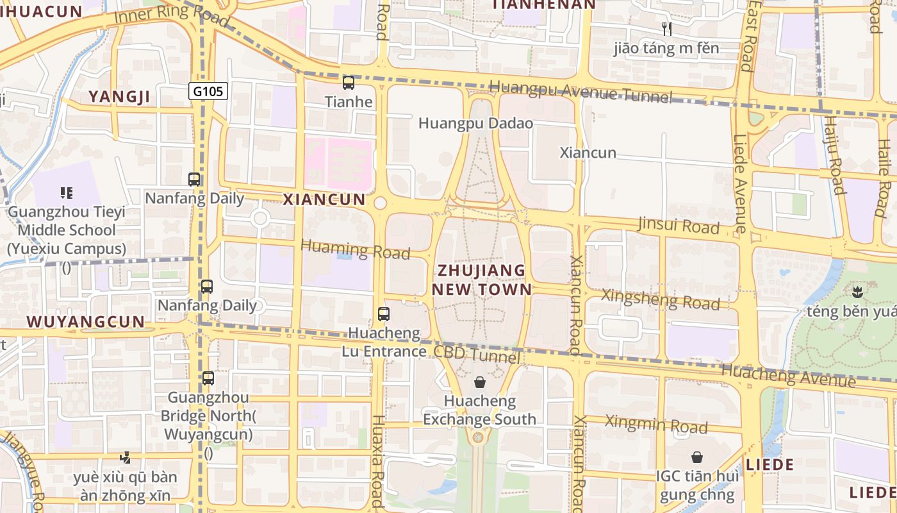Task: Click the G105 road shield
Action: (209, 91)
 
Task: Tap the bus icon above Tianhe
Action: (349, 82)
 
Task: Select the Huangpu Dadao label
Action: (475, 123)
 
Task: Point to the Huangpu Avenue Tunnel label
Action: (580, 92)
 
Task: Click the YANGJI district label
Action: (119, 97)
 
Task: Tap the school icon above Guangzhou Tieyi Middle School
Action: (66, 192)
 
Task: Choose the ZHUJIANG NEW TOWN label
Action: (482, 280)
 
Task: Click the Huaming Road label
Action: (355, 249)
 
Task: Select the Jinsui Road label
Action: (679, 226)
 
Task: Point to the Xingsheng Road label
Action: (661, 299)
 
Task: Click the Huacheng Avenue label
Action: (788, 375)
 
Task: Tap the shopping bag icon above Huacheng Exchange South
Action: (480, 383)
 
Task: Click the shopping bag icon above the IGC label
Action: (697, 457)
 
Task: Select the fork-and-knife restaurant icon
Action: (667, 28)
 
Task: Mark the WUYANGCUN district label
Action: (86, 321)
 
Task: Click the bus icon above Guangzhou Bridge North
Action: (208, 378)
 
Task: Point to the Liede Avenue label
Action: (740, 183)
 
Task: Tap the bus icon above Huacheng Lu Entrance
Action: (383, 314)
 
